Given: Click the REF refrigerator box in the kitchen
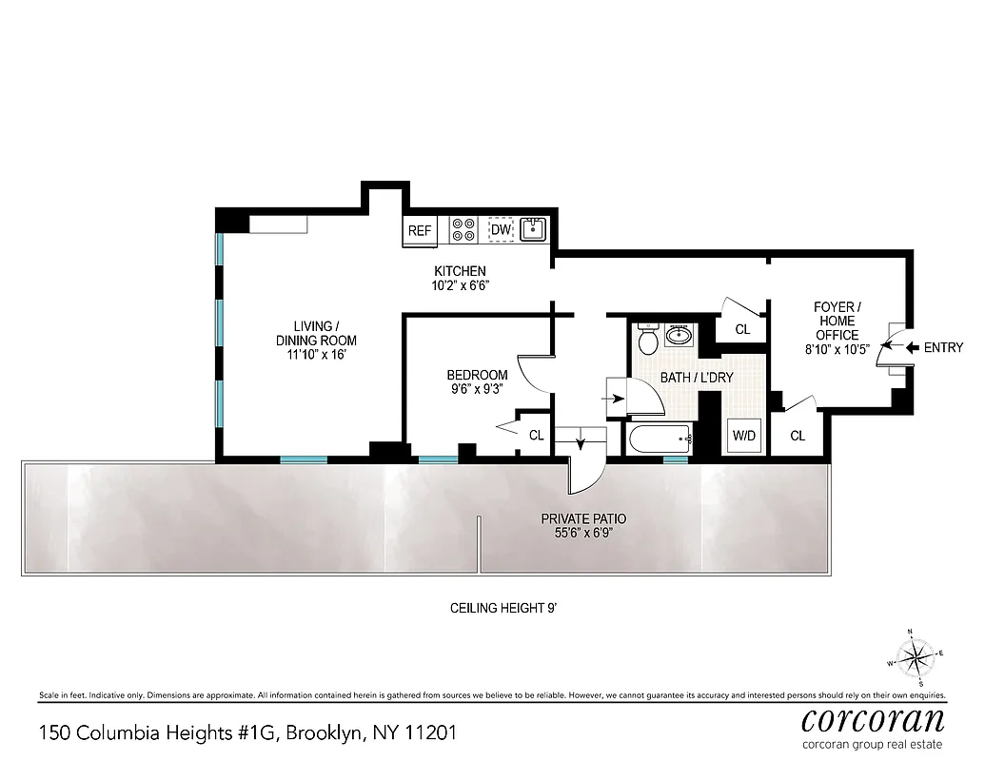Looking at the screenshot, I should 419,231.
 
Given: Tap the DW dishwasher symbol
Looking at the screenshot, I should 501,230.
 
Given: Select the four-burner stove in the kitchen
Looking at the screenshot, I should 463,229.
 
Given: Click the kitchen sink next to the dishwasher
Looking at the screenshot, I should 533,229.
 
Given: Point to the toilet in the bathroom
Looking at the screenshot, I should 648,340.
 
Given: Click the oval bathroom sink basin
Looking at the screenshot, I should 680,335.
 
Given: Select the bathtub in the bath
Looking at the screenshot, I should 659,439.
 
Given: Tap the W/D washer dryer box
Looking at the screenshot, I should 743,436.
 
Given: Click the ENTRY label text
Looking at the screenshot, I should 943,348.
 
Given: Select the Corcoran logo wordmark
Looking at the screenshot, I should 873,717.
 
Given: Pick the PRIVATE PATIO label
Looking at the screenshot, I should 583,519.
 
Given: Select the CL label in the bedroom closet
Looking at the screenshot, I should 536,435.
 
